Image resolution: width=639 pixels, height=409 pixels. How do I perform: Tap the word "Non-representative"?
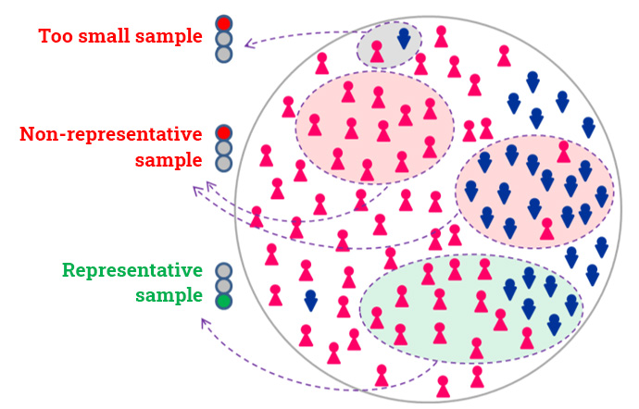pyautogui.click(x=111, y=133)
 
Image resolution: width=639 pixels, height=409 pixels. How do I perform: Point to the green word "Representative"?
pyautogui.click(x=132, y=270)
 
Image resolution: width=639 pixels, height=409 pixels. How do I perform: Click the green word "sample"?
pyautogui.click(x=169, y=295)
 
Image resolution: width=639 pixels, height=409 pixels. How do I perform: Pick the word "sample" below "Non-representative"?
pyautogui.click(x=169, y=160)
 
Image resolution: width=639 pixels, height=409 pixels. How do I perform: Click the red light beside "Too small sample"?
pyautogui.click(x=224, y=24)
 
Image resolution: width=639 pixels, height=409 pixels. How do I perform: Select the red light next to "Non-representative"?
pyautogui.click(x=224, y=133)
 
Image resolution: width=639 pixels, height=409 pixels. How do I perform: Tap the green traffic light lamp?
pyautogui.click(x=224, y=301)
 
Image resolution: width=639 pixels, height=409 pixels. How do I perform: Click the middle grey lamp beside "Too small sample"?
pyautogui.click(x=224, y=39)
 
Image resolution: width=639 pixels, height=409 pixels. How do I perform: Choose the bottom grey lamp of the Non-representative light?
pyautogui.click(x=224, y=164)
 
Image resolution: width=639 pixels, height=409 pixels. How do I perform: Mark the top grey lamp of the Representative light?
pyautogui.click(x=224, y=271)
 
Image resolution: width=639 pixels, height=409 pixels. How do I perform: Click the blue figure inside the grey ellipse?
pyautogui.click(x=404, y=39)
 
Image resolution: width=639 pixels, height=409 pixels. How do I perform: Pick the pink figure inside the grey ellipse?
pyautogui.click(x=377, y=51)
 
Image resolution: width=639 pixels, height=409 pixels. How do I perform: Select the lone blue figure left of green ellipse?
pyautogui.click(x=311, y=301)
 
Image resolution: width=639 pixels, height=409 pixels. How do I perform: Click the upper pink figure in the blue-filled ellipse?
pyautogui.click(x=564, y=152)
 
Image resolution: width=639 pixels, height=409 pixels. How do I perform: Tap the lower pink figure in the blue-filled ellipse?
pyautogui.click(x=547, y=229)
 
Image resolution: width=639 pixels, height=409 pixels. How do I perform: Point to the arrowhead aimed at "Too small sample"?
pyautogui.click(x=248, y=43)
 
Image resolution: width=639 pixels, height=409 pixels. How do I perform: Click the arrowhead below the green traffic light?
pyautogui.click(x=205, y=323)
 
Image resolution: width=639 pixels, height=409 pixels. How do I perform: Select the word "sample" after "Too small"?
pyautogui.click(x=169, y=36)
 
